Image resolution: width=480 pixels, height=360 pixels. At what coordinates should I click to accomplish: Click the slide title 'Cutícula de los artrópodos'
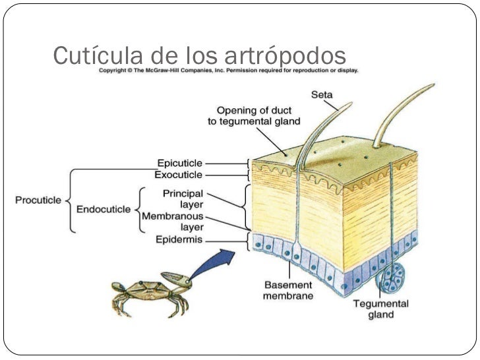199,55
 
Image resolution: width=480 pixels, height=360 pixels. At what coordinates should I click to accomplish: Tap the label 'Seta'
321,95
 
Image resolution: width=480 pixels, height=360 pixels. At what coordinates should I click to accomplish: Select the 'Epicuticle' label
179,162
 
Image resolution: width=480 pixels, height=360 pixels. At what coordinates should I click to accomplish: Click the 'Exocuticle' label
178,175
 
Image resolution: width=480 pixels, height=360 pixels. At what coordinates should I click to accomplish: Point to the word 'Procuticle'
37,198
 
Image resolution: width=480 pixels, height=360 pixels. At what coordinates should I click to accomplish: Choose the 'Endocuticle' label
106,210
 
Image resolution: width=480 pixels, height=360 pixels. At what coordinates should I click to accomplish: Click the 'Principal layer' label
184,199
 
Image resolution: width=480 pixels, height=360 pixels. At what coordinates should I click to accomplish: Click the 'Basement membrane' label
288,291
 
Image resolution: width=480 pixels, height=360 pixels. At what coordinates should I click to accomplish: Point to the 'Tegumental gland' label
380,309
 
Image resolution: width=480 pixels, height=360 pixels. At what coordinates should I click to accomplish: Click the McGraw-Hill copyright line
228,70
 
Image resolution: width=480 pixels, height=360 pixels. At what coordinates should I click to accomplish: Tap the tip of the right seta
431,86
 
